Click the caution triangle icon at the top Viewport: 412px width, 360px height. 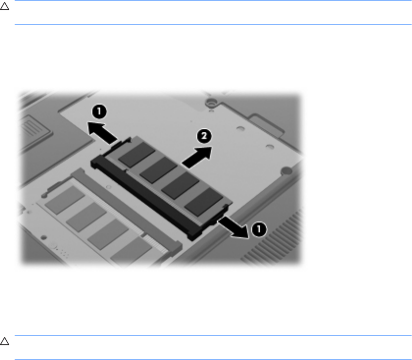(x=4, y=6)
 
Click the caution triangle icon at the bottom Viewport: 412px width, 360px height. (x=4, y=341)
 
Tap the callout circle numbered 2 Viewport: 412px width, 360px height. (x=204, y=136)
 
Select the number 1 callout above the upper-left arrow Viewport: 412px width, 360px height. (x=99, y=112)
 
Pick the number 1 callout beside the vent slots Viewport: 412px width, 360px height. (x=259, y=229)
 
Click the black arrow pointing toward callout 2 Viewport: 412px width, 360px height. (x=197, y=157)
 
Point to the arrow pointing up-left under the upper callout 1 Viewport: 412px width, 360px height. (x=102, y=133)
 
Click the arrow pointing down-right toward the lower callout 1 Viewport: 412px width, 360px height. (x=233, y=227)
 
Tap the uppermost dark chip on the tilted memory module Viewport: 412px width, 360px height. (x=137, y=154)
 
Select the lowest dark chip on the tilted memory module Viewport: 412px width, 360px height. (x=204, y=202)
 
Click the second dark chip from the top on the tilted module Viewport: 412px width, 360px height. (x=159, y=169)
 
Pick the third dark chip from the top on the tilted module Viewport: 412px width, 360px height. (x=181, y=186)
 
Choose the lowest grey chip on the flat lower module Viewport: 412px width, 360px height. (x=131, y=251)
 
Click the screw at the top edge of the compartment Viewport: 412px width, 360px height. (x=210, y=102)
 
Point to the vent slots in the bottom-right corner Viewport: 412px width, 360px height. (x=273, y=238)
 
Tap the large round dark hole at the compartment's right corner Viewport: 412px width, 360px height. (x=286, y=171)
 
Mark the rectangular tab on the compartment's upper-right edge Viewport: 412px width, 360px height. (x=267, y=126)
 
